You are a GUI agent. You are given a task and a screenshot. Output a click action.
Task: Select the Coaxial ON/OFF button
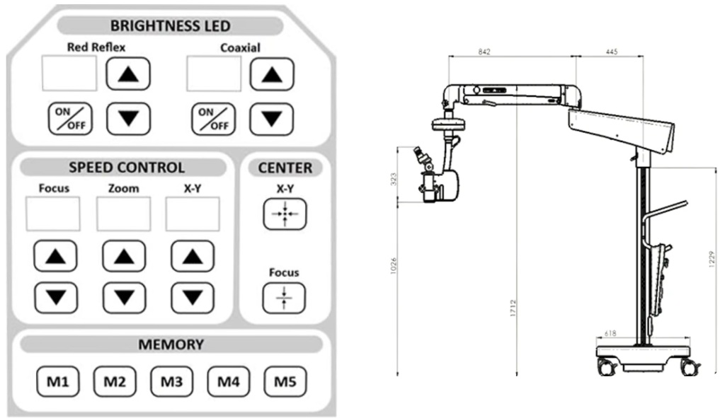[x=212, y=118]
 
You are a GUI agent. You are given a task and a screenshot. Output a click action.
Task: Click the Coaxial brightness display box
[x=213, y=74]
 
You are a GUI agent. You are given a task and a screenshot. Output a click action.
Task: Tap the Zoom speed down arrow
[x=124, y=298]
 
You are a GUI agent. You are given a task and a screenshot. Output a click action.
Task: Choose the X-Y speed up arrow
[x=192, y=256]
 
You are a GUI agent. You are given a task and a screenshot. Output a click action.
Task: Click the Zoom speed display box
[x=124, y=214]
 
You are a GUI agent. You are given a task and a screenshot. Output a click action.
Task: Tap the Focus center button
[x=283, y=298]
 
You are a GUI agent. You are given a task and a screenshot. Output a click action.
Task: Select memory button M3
[x=171, y=383]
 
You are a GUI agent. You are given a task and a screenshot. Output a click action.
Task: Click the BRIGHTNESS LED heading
[x=171, y=26]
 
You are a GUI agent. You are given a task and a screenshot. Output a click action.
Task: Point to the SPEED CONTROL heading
[x=127, y=168]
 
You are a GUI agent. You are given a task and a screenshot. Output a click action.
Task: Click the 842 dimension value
[x=484, y=52]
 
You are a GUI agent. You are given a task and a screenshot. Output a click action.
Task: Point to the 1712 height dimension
[x=513, y=308]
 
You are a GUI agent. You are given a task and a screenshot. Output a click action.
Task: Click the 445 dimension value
[x=613, y=52]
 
